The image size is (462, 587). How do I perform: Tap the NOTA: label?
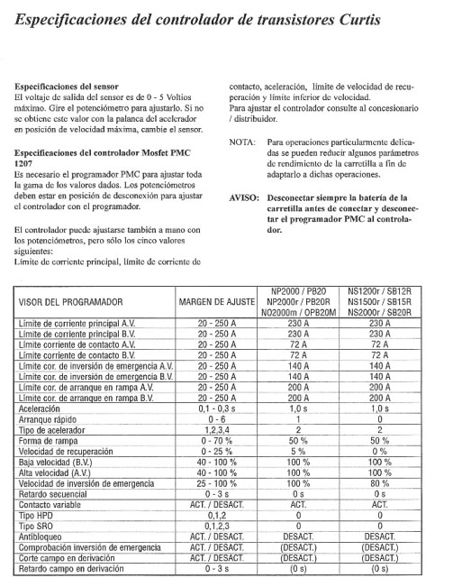click(243, 142)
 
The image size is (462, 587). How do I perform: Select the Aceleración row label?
click(42, 408)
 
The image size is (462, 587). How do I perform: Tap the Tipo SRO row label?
click(37, 526)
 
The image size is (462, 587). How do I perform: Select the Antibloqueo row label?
click(41, 537)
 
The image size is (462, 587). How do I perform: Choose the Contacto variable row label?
click(52, 505)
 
